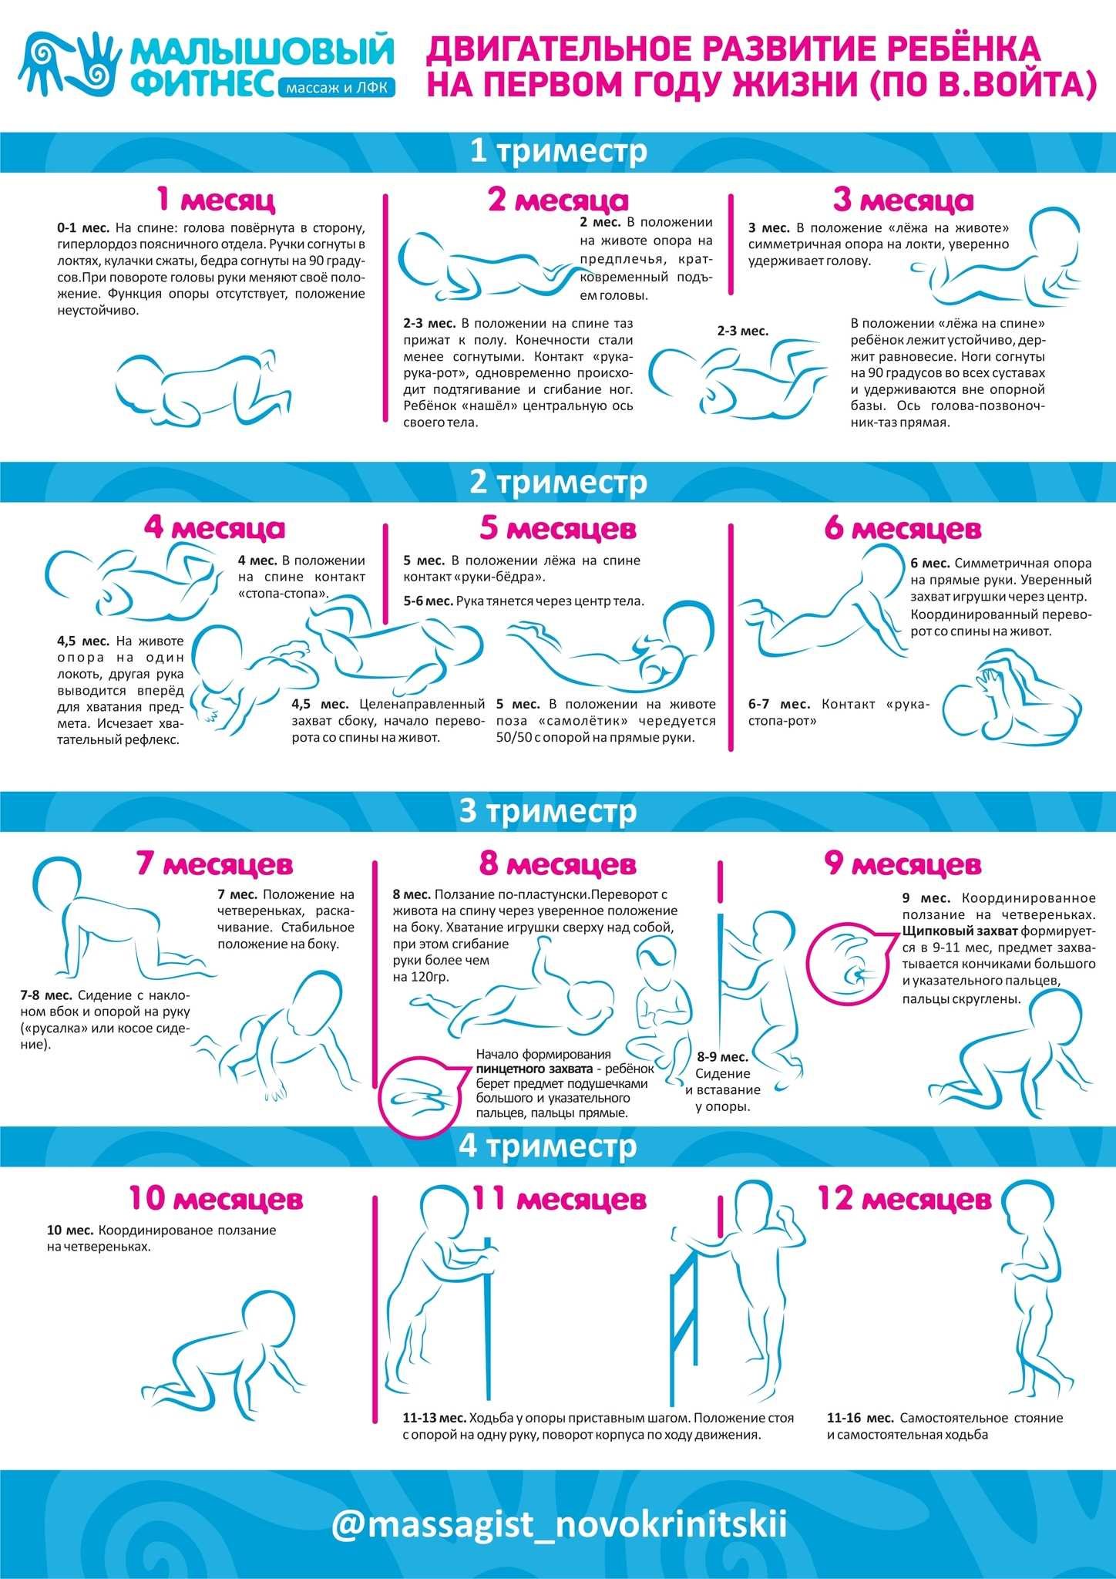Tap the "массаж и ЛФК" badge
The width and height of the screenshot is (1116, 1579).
pos(336,89)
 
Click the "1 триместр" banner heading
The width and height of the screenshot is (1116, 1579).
pos(558,151)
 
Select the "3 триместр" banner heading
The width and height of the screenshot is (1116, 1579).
pos(548,811)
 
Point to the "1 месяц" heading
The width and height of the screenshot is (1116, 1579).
pos(215,200)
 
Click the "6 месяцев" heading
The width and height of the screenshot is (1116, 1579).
pos(903,529)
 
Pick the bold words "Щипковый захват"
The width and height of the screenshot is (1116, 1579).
pos(949,931)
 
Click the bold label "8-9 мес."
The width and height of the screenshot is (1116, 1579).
pos(722,1056)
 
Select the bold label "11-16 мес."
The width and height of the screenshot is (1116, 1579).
pos(860,1418)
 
